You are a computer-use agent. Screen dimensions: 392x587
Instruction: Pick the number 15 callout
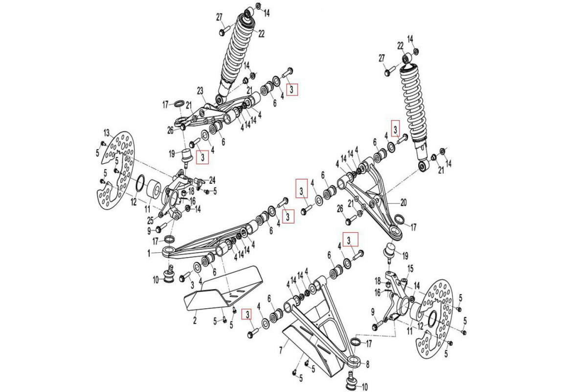pos(410,268)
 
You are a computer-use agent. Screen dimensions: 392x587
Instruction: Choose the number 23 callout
pos(200,91)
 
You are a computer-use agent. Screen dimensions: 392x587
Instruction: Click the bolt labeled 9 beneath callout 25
pos(159,229)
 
